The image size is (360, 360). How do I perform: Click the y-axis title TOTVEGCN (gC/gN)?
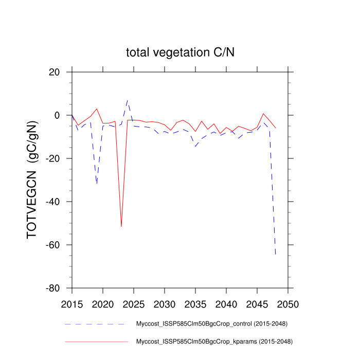(x=32, y=180)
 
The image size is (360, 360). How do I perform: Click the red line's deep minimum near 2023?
(x=121, y=226)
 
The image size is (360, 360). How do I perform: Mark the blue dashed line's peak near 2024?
(x=128, y=100)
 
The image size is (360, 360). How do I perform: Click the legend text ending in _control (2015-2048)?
(x=211, y=324)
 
